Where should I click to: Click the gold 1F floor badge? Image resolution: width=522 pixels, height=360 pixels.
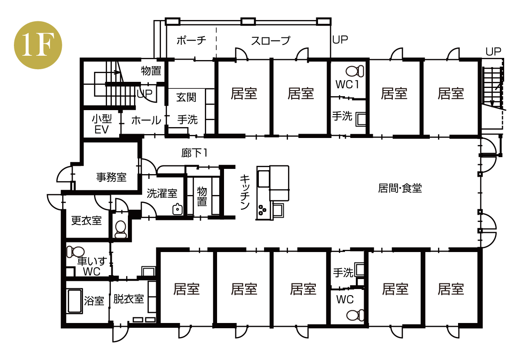pos(38,45)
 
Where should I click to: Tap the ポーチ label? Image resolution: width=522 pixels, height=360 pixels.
pos(191,40)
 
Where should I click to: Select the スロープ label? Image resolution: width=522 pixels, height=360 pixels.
pos(271,40)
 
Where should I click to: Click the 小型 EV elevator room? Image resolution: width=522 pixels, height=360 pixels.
pos(102,124)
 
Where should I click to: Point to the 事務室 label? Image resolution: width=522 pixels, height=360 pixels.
pos(111,178)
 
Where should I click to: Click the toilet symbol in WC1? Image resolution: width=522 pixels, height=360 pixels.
pos(355,71)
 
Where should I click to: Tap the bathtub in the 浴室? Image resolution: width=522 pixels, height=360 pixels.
pos(75,301)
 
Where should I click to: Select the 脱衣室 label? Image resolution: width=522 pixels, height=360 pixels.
pos(129,299)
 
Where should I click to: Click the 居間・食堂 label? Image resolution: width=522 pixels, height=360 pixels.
pos(400,188)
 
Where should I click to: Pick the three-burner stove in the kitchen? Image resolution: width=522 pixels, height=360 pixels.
pos(263,210)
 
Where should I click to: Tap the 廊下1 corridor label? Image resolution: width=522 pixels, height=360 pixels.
pos(194,153)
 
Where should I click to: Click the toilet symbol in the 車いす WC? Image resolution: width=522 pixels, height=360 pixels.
pos(75,252)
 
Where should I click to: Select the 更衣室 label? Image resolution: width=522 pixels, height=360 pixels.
pos(87,220)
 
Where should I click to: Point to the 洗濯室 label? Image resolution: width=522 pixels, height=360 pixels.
pos(162,193)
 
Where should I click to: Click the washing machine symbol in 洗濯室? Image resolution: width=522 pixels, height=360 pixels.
pos(177,209)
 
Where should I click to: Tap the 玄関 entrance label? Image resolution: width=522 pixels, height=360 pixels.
pos(186,97)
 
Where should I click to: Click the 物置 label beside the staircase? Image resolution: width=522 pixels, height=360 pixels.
pos(151,71)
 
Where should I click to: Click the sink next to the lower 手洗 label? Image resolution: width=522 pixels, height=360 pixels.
pos(359,269)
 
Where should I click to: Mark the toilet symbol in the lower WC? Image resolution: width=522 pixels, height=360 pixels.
pos(355,315)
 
